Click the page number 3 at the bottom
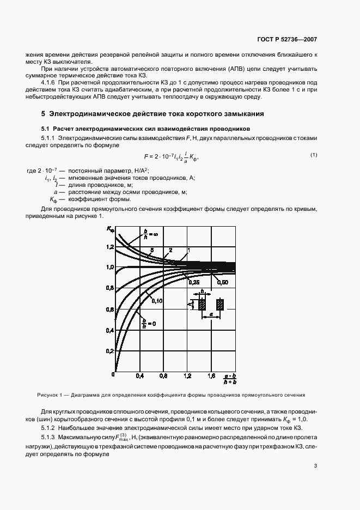click(x=315, y=450)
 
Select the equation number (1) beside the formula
click(x=314, y=155)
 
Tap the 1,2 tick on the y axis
click(x=109, y=247)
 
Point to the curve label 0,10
click(x=157, y=300)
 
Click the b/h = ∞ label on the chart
click(x=145, y=235)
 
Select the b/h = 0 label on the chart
click(x=145, y=323)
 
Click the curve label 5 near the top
click(x=151, y=250)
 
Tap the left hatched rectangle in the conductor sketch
click(x=201, y=306)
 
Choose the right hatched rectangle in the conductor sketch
click(x=219, y=306)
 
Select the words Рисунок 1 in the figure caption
click(x=50, y=394)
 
